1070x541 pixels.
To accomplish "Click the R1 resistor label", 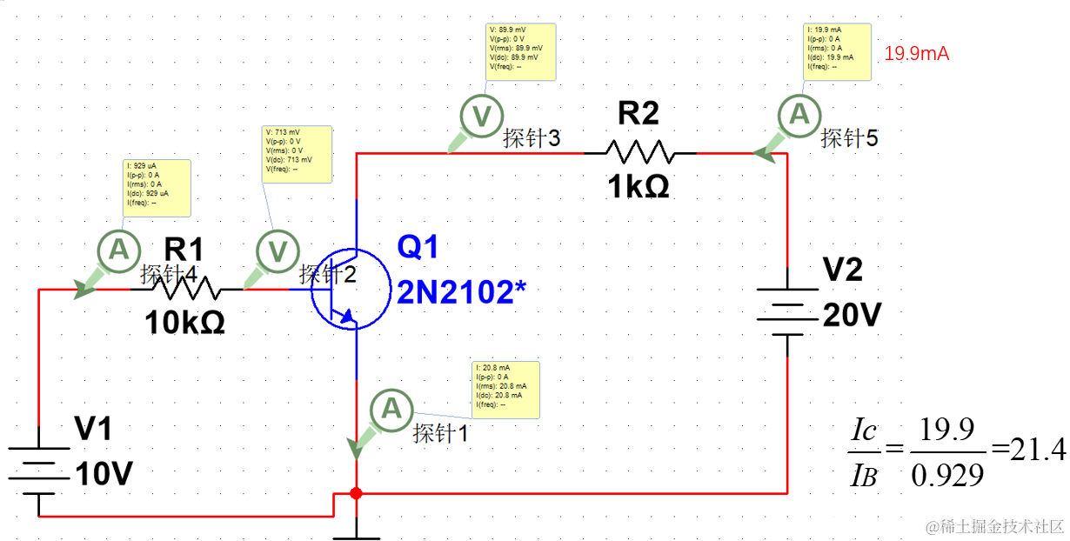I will pyautogui.click(x=183, y=250).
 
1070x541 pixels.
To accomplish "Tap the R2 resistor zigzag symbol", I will pyautogui.click(x=639, y=153).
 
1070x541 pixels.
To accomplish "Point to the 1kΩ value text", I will pyautogui.click(x=639, y=186).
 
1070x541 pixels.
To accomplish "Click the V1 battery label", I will pyautogui.click(x=92, y=429).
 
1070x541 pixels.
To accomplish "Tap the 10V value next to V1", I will pyautogui.click(x=104, y=475).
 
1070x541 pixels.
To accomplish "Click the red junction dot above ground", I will pyautogui.click(x=356, y=493).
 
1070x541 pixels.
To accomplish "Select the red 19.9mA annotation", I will pyautogui.click(x=916, y=54).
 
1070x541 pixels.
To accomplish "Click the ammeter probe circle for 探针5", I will pyautogui.click(x=798, y=115).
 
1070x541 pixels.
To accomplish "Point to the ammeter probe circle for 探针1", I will pyautogui.click(x=391, y=408).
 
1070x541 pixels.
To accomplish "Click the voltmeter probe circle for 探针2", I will pyautogui.click(x=278, y=252).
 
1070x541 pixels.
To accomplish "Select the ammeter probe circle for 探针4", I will pyautogui.click(x=115, y=251).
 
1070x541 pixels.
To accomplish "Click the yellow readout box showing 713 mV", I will pyautogui.click(x=296, y=154).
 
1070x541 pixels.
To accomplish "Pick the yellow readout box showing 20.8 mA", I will pyautogui.click(x=505, y=389).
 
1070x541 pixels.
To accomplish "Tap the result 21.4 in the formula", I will pyautogui.click(x=1039, y=450).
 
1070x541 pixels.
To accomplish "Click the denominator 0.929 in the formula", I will pyautogui.click(x=946, y=475).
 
